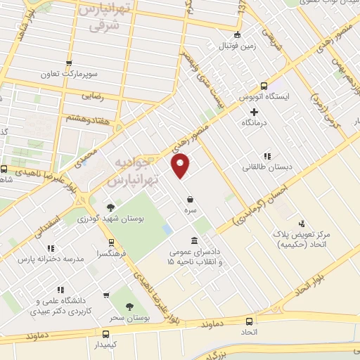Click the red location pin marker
coord(181,166)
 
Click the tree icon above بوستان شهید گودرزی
coord(110,207)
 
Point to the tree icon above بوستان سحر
coord(128,306)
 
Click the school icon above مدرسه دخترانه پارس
coord(51,247)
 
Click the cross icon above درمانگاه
coord(255,111)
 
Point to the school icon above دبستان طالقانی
coord(266,156)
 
